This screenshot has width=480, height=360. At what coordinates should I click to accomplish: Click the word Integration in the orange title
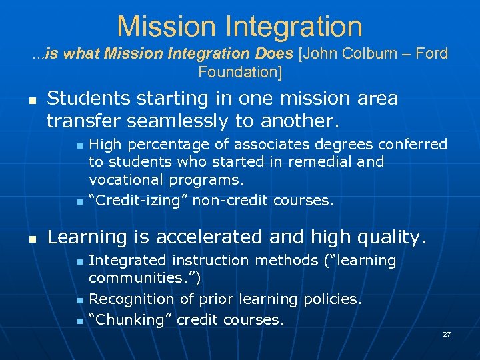tap(295, 27)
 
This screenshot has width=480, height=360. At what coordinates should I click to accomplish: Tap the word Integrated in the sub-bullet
tap(124, 260)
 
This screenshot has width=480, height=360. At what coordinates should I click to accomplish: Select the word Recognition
tap(128, 299)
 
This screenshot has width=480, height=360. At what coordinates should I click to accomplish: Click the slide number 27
tap(447, 333)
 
